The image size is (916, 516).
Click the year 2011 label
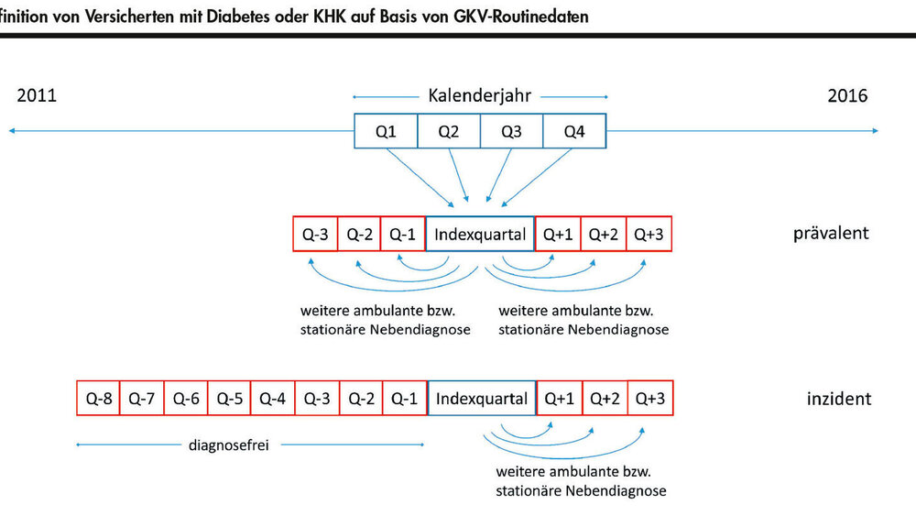[x=37, y=95]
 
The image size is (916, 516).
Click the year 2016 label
[x=847, y=95]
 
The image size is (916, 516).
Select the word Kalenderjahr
[x=479, y=95]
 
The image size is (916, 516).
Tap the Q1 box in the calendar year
[x=386, y=131]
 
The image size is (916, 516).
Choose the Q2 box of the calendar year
[x=448, y=131]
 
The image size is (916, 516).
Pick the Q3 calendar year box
[x=511, y=131]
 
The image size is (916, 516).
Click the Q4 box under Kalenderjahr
[x=574, y=131]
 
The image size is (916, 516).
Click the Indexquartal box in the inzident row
[x=482, y=399]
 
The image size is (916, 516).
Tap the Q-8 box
[x=99, y=399]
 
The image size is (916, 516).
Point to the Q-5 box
[x=230, y=399]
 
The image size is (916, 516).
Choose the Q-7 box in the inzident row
[x=142, y=399]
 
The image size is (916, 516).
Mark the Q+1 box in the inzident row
[x=560, y=399]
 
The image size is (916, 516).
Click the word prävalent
[x=831, y=233]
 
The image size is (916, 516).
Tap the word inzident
[x=838, y=399]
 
